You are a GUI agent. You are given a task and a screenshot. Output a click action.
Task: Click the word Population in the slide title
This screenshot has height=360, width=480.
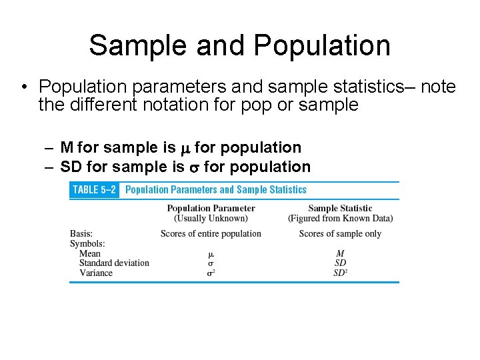pos(322,45)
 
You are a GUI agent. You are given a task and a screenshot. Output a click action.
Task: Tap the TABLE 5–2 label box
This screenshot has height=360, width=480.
pos(94,190)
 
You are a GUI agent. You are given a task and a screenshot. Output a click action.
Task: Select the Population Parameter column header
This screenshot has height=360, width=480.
pos(211,209)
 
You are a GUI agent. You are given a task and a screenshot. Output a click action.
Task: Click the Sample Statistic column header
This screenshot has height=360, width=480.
pos(340,209)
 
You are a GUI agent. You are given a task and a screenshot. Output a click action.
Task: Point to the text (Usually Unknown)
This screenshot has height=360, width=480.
pos(211,218)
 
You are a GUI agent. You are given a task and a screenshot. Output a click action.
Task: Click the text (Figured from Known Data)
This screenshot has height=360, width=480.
pos(340,218)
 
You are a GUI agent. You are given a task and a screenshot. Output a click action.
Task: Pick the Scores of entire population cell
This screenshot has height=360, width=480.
pos(211,233)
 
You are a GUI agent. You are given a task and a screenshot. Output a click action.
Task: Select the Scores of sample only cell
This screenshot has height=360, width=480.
pos(340,233)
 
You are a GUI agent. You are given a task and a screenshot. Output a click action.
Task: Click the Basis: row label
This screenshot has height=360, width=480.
pos(81,233)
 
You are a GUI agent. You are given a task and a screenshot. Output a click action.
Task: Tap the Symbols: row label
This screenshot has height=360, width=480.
pos(87,243)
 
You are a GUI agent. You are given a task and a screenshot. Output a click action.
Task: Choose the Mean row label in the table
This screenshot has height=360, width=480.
pos(90,253)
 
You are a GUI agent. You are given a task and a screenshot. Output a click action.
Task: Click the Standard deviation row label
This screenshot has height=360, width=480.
pos(114,263)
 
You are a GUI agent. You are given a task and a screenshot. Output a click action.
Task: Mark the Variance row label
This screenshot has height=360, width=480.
pos(96,273)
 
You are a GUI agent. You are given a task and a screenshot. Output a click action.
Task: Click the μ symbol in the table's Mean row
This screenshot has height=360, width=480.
pos(211,254)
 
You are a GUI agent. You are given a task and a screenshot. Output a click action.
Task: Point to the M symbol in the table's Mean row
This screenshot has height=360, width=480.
pos(340,253)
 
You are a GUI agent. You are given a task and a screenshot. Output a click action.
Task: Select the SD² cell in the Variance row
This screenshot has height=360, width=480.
pos(341,273)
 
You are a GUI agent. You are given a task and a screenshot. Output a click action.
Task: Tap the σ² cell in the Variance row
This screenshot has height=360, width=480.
pos(211,273)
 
